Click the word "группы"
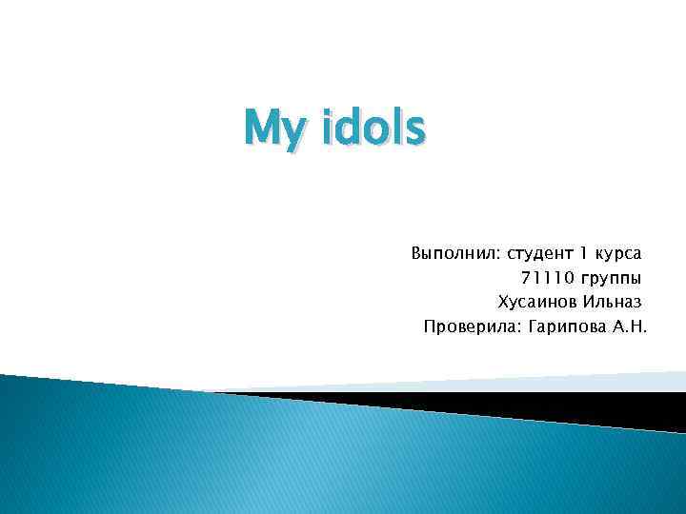pos(611,280)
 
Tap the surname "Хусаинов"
pos(538,304)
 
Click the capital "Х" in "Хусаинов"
pos(503,304)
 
